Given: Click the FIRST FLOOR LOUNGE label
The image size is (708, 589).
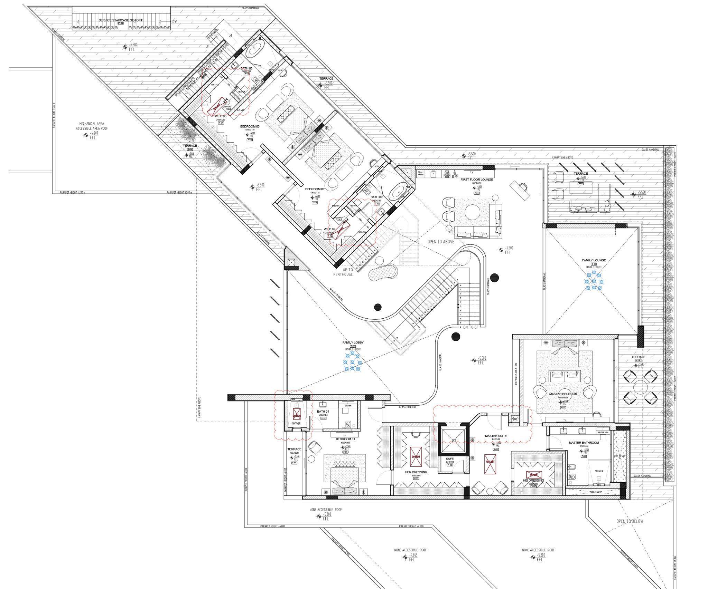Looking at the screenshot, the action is (476, 180).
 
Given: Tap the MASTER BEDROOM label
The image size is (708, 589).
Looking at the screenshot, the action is (563, 394).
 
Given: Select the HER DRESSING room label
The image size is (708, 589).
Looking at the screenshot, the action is (416, 472).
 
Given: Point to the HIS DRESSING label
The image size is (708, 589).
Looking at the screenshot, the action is (533, 481).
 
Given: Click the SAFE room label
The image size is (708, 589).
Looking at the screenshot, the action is (449, 459).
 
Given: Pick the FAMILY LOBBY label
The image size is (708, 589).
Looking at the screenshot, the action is (353, 342).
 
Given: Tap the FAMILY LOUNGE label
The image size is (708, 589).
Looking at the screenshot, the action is (594, 260).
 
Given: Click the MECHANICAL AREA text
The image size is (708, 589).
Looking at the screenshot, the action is (92, 124).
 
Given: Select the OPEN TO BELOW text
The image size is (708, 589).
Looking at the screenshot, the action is (630, 521).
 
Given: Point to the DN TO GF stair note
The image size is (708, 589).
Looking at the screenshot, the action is (471, 327).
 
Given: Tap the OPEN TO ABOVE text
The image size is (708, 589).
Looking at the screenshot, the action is (441, 242).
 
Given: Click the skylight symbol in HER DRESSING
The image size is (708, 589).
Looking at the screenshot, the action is (415, 456).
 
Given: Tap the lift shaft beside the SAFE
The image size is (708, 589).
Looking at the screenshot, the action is (453, 440).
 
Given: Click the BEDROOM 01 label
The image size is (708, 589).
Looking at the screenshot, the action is (345, 439).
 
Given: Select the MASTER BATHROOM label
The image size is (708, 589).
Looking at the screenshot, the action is (584, 443).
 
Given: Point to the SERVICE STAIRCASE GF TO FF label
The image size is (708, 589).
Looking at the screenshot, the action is (120, 20).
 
